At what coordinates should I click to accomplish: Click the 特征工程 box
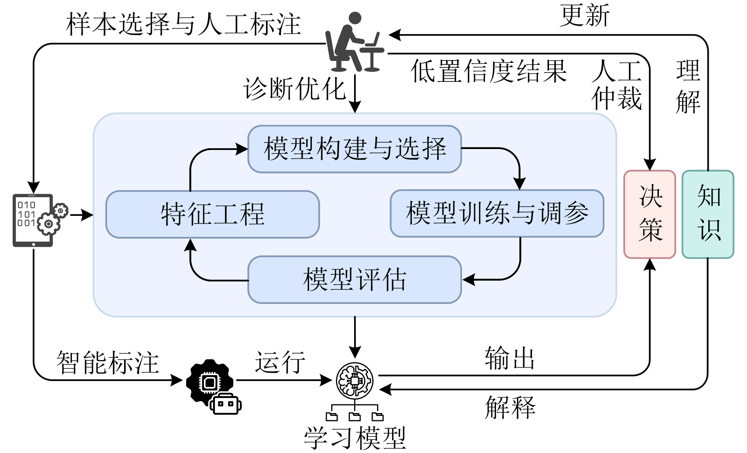212,214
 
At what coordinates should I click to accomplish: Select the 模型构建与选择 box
355,149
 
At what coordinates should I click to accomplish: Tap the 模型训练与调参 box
497,213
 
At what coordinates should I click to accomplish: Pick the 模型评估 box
355,279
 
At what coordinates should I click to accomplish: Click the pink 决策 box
649,214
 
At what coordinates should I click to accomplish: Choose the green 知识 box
708,214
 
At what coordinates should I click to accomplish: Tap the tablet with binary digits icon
34,220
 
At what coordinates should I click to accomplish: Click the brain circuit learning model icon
355,380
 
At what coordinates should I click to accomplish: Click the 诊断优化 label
294,89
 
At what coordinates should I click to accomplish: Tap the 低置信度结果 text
489,72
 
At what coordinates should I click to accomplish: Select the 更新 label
584,16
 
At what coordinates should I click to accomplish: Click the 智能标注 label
108,362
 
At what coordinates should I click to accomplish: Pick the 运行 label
280,362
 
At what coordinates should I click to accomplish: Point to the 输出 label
510,358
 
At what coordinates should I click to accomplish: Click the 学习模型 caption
355,438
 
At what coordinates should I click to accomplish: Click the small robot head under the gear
226,404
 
